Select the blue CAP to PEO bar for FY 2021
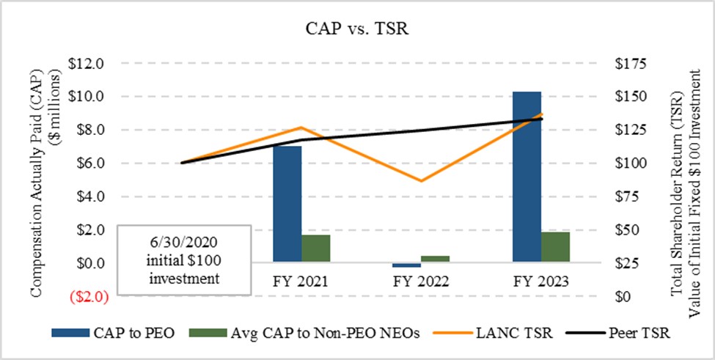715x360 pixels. click(x=287, y=203)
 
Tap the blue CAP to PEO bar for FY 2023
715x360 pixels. click(x=527, y=176)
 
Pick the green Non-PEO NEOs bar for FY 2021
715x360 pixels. click(x=316, y=247)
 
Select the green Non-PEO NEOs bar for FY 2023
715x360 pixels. click(x=556, y=246)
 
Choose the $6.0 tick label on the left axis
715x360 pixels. click(x=90, y=164)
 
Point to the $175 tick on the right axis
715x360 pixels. click(x=632, y=64)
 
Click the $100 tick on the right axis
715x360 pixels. click(x=632, y=164)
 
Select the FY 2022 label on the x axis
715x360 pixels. click(x=421, y=281)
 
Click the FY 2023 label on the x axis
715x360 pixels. click(x=541, y=281)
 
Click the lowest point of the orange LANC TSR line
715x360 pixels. click(x=421, y=180)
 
